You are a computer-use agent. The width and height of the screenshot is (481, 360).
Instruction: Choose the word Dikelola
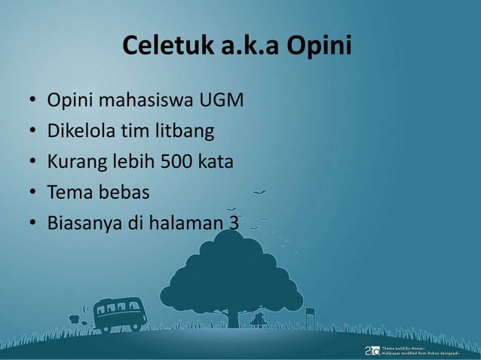coord(80,132)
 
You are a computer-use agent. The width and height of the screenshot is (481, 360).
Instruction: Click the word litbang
coord(185,132)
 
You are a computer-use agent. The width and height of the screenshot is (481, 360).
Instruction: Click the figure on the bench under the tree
coord(259,319)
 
